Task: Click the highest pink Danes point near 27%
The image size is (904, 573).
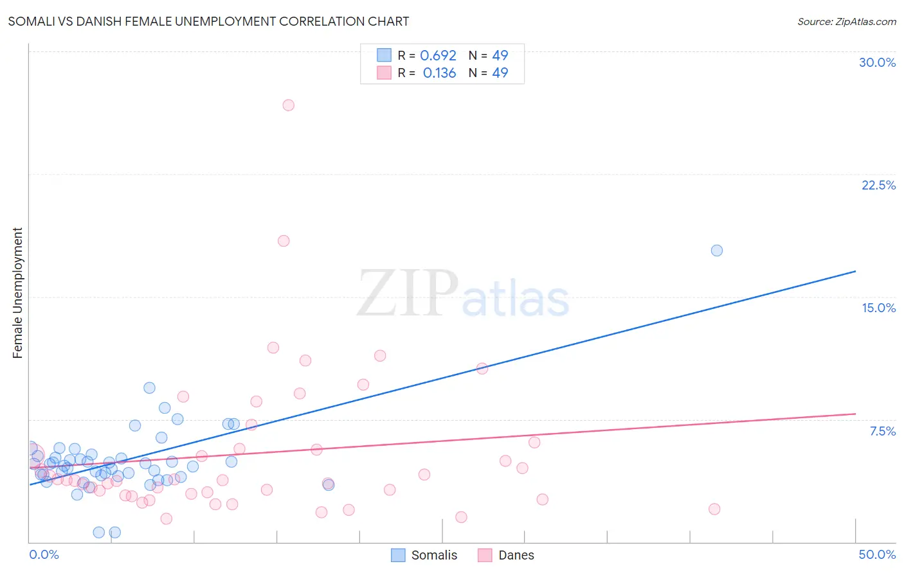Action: point(288,105)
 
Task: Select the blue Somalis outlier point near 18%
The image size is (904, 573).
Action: point(716,251)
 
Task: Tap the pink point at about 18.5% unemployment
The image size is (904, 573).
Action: point(284,241)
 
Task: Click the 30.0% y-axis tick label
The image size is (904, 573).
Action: point(877,62)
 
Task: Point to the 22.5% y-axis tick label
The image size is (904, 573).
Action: point(878,185)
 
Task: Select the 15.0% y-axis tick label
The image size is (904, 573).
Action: point(878,308)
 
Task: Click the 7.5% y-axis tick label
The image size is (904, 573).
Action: point(882,431)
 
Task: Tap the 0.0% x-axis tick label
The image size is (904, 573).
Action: point(44,554)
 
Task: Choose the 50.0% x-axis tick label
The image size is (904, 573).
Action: point(877,554)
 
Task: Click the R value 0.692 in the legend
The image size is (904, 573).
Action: point(438,56)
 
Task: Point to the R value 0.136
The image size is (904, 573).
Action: point(439,73)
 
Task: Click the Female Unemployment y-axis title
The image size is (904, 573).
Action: point(18,293)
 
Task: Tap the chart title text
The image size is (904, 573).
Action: point(208,21)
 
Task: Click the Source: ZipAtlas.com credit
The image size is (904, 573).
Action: point(846,22)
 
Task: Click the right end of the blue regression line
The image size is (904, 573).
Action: point(855,271)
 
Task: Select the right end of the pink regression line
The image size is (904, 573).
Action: point(855,414)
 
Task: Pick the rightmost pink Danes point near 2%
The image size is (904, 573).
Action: point(714,509)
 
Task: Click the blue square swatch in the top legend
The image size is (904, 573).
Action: point(384,55)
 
